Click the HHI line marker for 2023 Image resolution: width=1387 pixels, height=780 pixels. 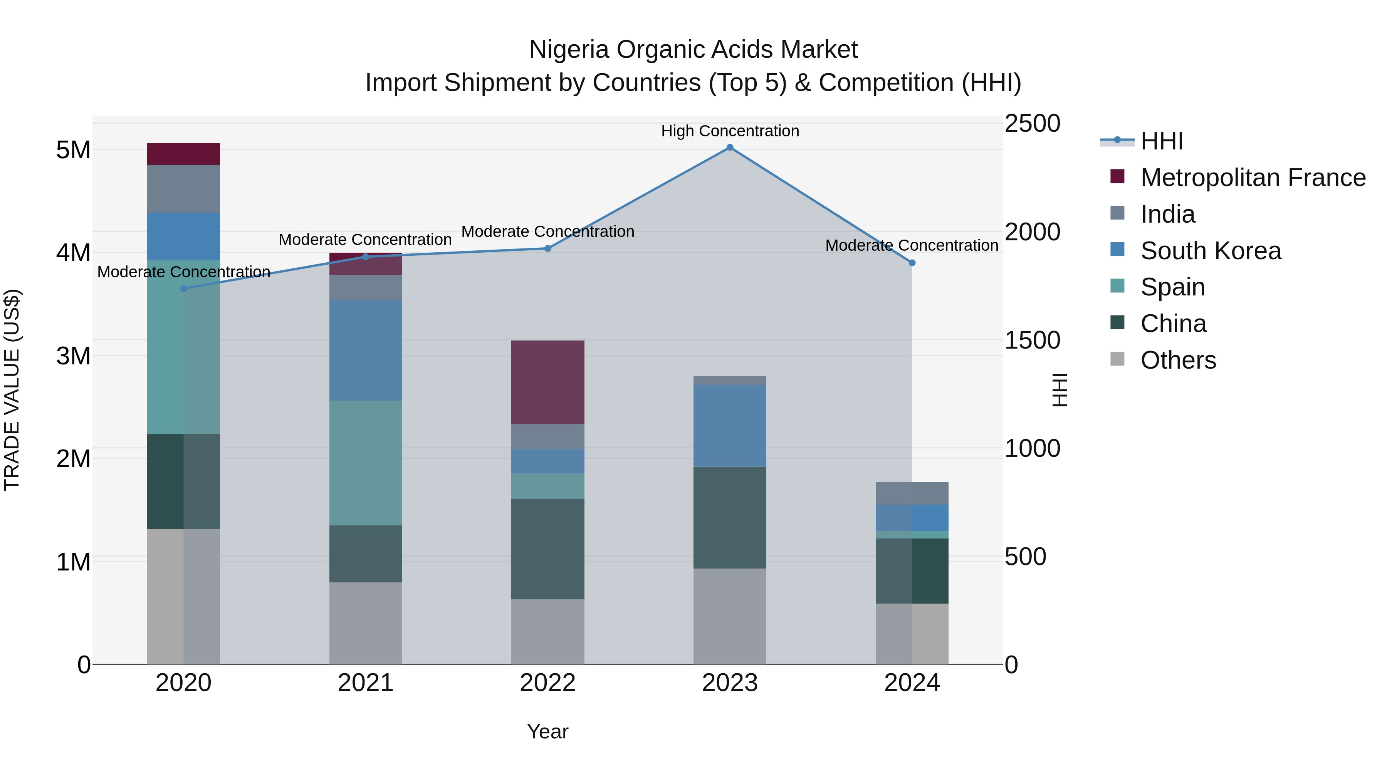730,148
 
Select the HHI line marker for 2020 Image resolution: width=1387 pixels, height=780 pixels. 184,289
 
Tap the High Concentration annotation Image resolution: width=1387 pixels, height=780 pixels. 730,131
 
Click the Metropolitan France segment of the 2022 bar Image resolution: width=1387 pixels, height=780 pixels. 547,382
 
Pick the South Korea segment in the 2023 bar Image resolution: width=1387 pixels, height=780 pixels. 730,425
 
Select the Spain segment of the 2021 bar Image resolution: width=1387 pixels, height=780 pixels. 366,463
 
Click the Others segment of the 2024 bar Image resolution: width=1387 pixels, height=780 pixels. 912,634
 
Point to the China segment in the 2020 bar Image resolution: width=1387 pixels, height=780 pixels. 184,481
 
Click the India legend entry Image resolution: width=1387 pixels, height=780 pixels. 1167,214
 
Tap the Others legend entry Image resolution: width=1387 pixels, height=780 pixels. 1178,360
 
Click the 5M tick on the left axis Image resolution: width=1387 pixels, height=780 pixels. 74,150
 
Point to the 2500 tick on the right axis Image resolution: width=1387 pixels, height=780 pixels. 1032,123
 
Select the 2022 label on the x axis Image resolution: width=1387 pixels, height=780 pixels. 547,683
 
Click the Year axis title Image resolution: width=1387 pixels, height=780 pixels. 547,731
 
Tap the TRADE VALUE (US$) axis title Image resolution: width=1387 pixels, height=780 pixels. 12,390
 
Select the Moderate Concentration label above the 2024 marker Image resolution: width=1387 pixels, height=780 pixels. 912,245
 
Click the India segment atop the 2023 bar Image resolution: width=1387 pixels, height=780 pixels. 730,381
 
